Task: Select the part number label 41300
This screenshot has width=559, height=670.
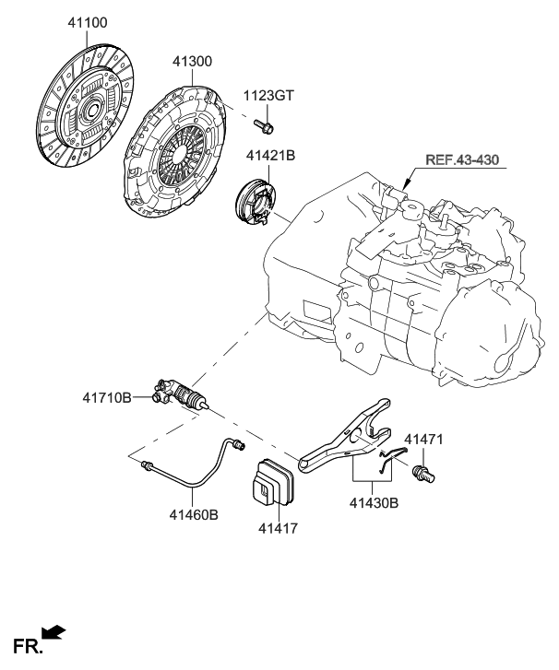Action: [192, 62]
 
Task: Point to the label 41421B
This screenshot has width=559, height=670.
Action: [271, 158]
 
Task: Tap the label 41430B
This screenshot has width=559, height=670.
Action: [374, 503]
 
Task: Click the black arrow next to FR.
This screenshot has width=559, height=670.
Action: [54, 631]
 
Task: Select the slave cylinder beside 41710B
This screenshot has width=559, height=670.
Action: [180, 394]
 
